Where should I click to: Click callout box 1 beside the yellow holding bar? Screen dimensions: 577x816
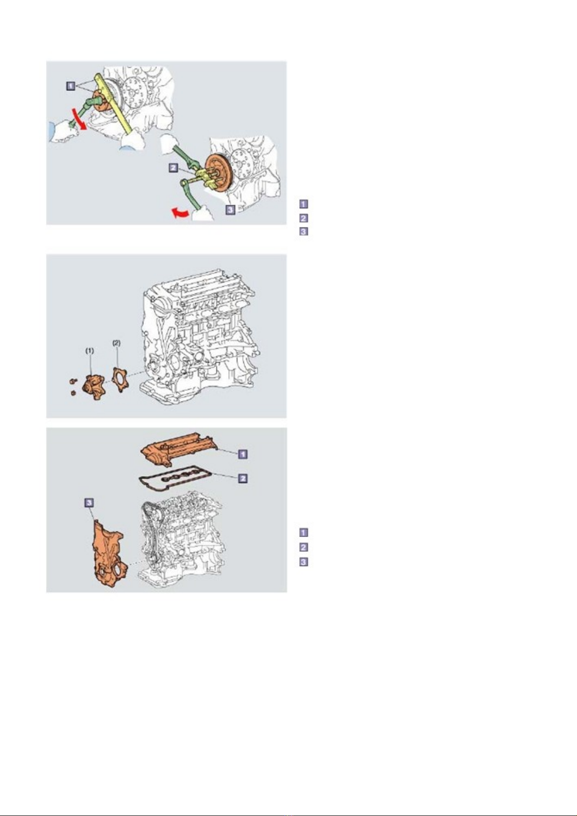pos(70,86)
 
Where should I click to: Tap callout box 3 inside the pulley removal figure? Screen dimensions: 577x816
pos(230,210)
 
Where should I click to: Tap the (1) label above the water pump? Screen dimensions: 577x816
pos(89,351)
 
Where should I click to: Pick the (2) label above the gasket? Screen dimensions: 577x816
pos(116,343)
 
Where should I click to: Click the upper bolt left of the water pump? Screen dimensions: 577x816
pos(73,381)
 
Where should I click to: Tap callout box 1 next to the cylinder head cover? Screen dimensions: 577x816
pos(243,454)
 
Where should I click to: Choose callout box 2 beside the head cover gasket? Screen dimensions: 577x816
pos(243,477)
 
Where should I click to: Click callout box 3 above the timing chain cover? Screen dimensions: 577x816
pos(89,503)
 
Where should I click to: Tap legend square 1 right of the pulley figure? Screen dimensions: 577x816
pos(304,204)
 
